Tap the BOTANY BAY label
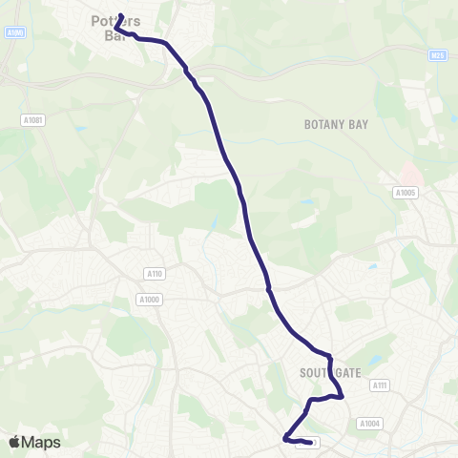click(336, 125)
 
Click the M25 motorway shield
click(438, 55)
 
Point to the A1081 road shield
click(32, 119)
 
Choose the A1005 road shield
click(406, 192)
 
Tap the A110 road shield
click(154, 274)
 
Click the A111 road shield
click(380, 385)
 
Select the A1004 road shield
click(369, 423)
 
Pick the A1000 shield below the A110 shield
click(149, 300)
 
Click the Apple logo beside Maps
click(15, 442)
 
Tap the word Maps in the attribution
click(41, 442)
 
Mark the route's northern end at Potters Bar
click(121, 15)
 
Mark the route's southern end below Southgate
click(310, 443)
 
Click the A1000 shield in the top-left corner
click(14, 32)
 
